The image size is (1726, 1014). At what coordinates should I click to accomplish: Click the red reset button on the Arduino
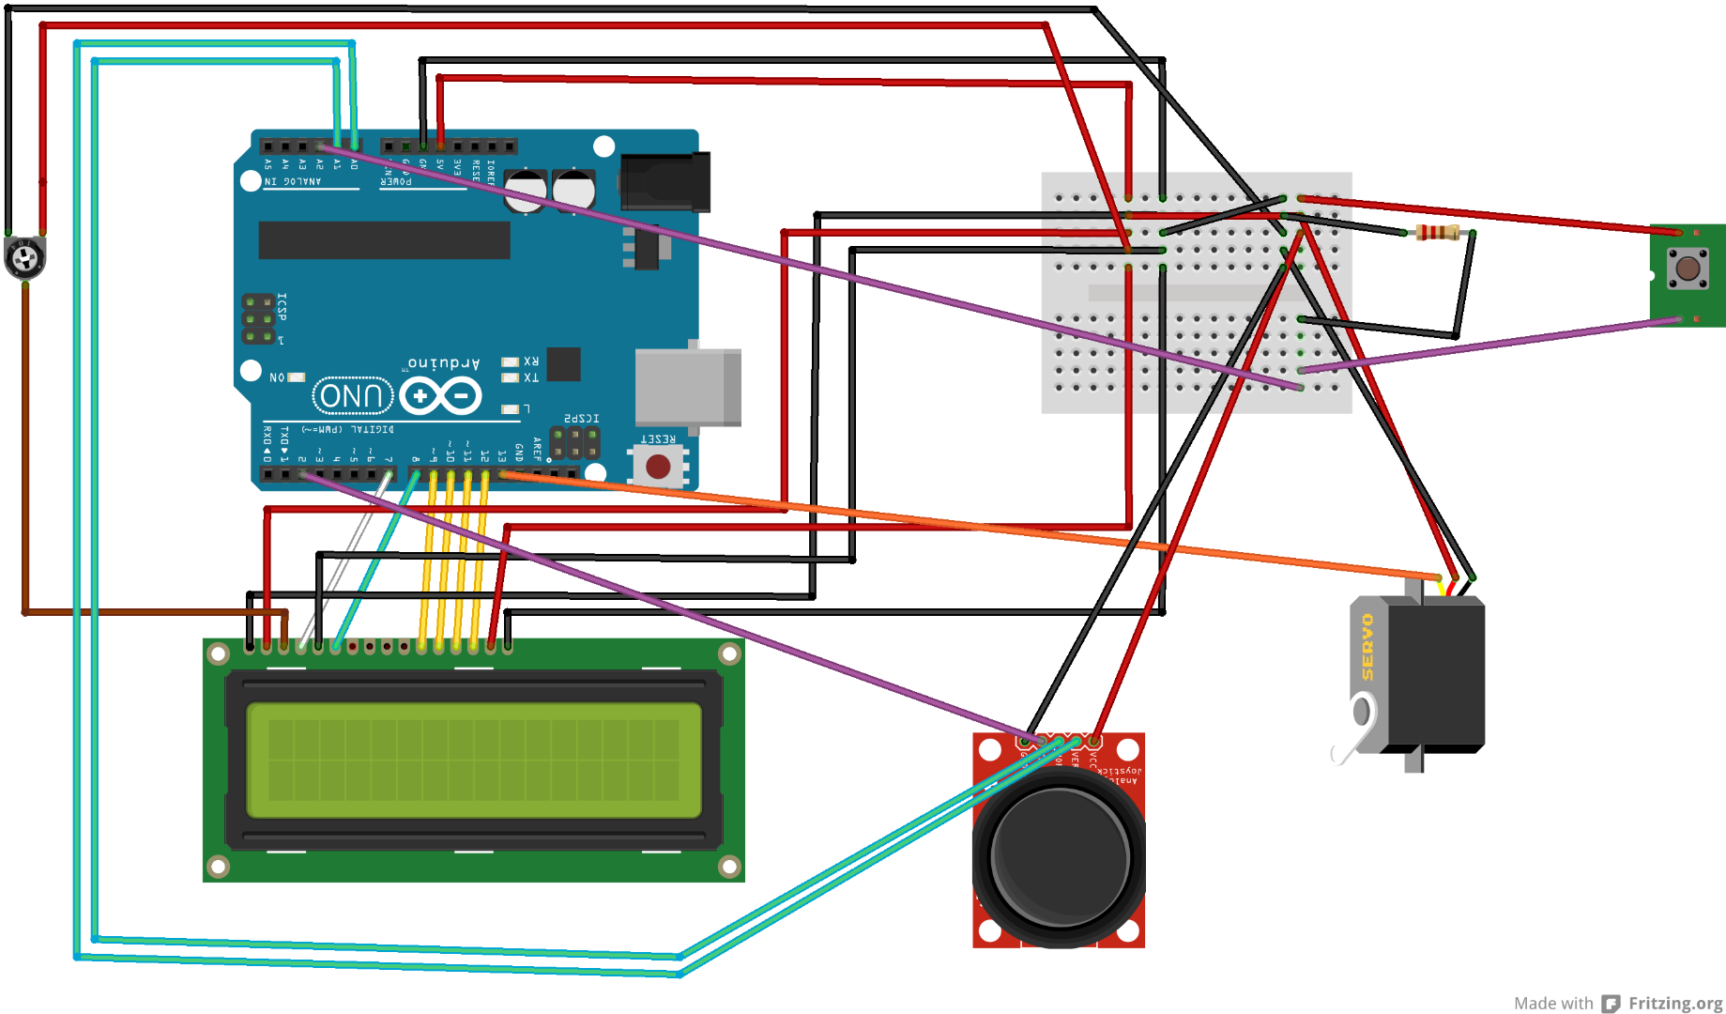click(x=658, y=467)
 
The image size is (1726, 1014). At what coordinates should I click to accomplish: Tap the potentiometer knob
click(x=25, y=258)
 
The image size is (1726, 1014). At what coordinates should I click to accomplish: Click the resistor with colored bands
click(x=1437, y=233)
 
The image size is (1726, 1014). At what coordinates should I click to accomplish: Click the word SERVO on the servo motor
click(x=1367, y=647)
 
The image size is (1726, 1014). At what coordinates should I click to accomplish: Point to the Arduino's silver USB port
click(x=688, y=388)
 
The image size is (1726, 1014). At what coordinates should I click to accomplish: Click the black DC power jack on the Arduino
click(x=664, y=182)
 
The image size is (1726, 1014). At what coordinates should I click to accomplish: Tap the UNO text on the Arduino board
click(x=352, y=396)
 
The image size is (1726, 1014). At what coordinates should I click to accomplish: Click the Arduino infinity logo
click(x=441, y=396)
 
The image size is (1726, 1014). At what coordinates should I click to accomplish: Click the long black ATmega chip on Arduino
click(x=384, y=240)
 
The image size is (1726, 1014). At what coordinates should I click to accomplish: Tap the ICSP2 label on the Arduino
click(x=581, y=418)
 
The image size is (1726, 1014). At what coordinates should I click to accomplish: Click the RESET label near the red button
click(x=657, y=438)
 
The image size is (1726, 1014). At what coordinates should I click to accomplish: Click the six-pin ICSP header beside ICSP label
click(x=259, y=319)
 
